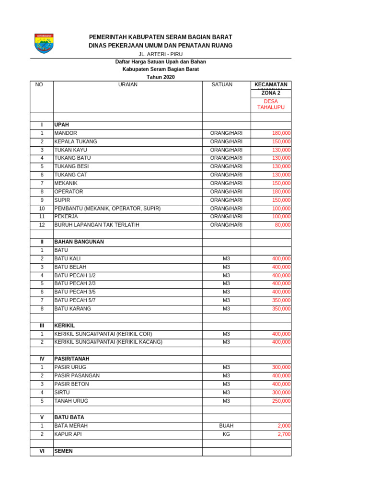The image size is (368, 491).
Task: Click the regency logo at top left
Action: tap(44, 43)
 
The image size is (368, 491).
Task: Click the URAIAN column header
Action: tap(128, 85)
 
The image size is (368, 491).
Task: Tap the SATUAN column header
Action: tap(222, 85)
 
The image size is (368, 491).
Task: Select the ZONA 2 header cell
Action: tap(271, 93)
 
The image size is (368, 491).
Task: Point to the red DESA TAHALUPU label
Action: tap(271, 105)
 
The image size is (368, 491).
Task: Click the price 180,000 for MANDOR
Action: tap(281, 133)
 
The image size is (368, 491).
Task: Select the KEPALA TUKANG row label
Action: tap(76, 142)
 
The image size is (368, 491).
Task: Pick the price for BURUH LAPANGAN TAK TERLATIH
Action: tap(283, 225)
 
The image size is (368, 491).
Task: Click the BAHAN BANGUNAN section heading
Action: tap(79, 242)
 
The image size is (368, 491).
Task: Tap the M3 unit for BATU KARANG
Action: tap(226, 309)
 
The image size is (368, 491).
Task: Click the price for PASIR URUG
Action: tap(281, 367)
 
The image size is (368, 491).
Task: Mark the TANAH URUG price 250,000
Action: tap(281, 401)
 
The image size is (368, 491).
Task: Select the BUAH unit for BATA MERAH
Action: tap(226, 426)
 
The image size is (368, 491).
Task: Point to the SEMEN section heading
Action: tap(64, 451)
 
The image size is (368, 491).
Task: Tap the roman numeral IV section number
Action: tap(42, 359)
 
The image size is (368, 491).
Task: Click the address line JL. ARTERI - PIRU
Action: tap(161, 54)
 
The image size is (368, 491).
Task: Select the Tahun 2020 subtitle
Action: tap(161, 77)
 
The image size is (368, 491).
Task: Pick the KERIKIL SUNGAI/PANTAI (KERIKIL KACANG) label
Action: tap(108, 342)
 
